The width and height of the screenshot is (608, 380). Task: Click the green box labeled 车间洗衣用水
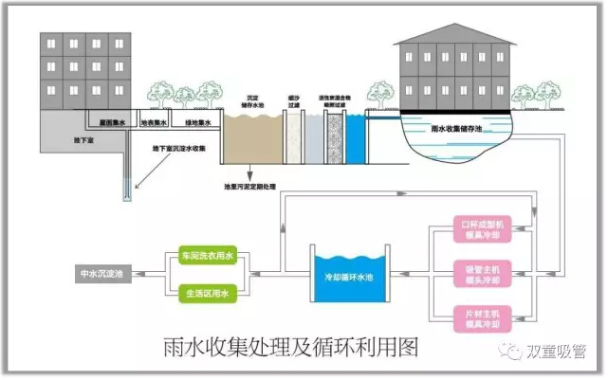(x=206, y=257)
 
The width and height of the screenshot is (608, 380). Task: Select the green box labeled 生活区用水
(x=206, y=293)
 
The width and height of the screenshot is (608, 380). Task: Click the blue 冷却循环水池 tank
(x=351, y=275)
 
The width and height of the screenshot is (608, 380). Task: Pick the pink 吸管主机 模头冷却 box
(x=486, y=276)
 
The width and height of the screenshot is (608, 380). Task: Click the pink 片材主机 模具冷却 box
(x=486, y=317)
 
